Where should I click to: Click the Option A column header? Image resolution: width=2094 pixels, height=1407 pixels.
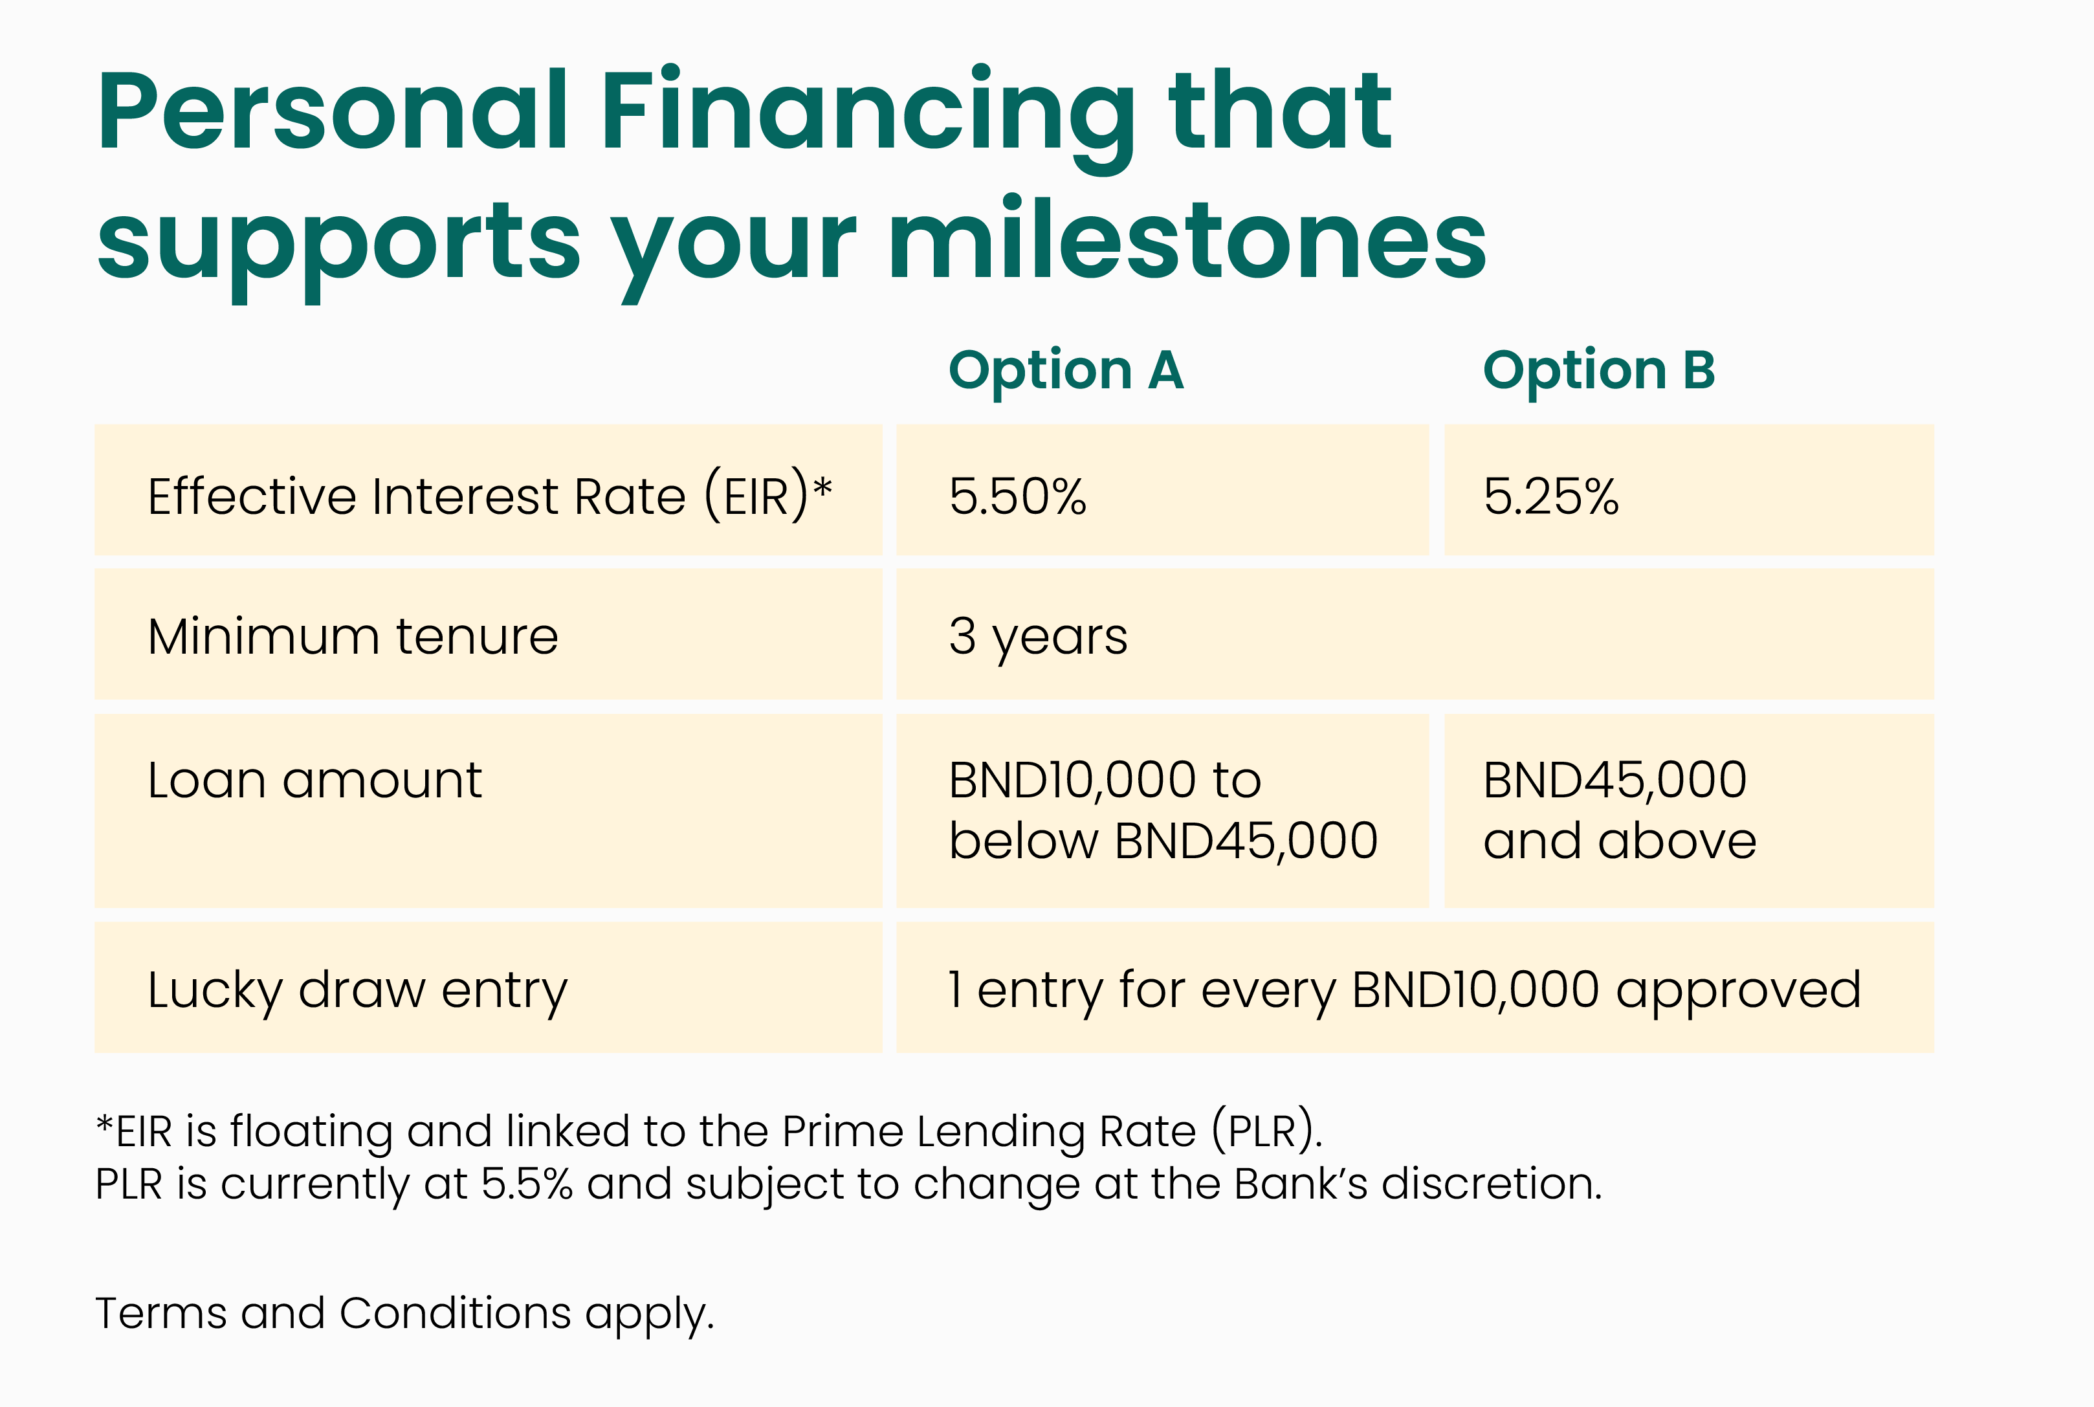(x=1066, y=371)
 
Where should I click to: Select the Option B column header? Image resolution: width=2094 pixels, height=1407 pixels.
(x=1599, y=371)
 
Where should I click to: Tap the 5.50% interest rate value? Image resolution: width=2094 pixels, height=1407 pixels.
(x=1017, y=496)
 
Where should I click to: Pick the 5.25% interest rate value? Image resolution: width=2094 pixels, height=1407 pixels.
(x=1551, y=496)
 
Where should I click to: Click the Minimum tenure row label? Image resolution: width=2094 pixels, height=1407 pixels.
(x=353, y=636)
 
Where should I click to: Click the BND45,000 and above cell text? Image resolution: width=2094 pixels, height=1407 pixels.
(x=1620, y=810)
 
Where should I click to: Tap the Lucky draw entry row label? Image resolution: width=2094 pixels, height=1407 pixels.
(x=358, y=992)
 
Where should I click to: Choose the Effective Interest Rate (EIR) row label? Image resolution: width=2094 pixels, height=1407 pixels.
(x=480, y=496)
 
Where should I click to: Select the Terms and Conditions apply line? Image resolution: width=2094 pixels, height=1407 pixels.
(x=404, y=1314)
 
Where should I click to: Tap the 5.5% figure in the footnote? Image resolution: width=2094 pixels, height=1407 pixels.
(x=527, y=1184)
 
